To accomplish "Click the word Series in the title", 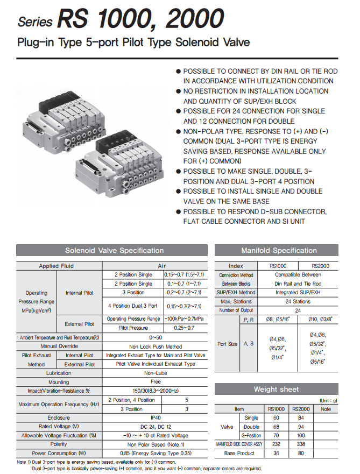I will pos(35,22).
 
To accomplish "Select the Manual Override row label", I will pos(59,346).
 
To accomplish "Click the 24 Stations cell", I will pos(298,302).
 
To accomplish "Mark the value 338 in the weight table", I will pos(302,444).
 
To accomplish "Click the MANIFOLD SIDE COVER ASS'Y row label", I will pos(239,444).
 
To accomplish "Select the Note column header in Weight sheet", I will pos(326,409).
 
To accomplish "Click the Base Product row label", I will pos(239,453).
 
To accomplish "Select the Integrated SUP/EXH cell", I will pos(298,293).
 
